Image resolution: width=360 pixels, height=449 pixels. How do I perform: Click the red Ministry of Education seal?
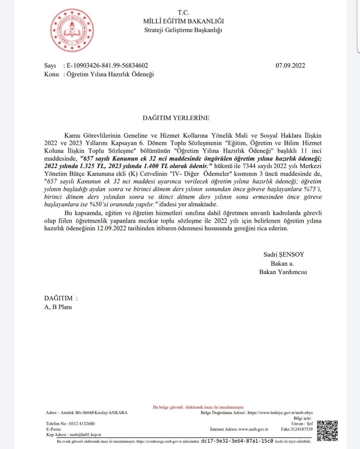click(x=72, y=30)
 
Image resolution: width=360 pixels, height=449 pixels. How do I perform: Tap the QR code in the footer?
click(x=327, y=430)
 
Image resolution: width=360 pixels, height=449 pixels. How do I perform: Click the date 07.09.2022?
click(x=290, y=66)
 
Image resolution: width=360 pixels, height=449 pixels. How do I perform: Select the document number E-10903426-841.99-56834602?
click(x=107, y=66)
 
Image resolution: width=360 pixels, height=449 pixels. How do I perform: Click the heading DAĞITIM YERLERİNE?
click(x=176, y=118)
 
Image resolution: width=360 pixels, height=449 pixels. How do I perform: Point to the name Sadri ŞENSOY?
click(x=284, y=255)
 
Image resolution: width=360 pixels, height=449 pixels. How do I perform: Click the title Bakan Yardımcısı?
click(x=283, y=272)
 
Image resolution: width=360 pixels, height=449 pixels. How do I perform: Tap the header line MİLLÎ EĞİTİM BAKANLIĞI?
click(x=183, y=21)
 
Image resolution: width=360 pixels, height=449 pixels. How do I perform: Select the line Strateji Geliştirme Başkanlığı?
click(x=183, y=30)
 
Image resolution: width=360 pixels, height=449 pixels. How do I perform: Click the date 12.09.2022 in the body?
click(x=111, y=229)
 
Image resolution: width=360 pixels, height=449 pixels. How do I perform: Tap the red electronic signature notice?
click(x=199, y=407)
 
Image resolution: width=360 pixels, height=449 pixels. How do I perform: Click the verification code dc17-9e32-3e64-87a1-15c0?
click(x=237, y=441)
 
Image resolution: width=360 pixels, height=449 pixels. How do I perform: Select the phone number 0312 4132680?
click(x=82, y=424)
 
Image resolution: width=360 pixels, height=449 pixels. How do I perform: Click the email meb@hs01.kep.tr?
click(x=85, y=435)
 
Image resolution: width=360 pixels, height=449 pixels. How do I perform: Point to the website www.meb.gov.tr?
click(x=253, y=429)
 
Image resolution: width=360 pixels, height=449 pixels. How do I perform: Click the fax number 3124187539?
click(x=301, y=429)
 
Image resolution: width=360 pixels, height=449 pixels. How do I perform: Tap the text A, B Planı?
click(x=58, y=307)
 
